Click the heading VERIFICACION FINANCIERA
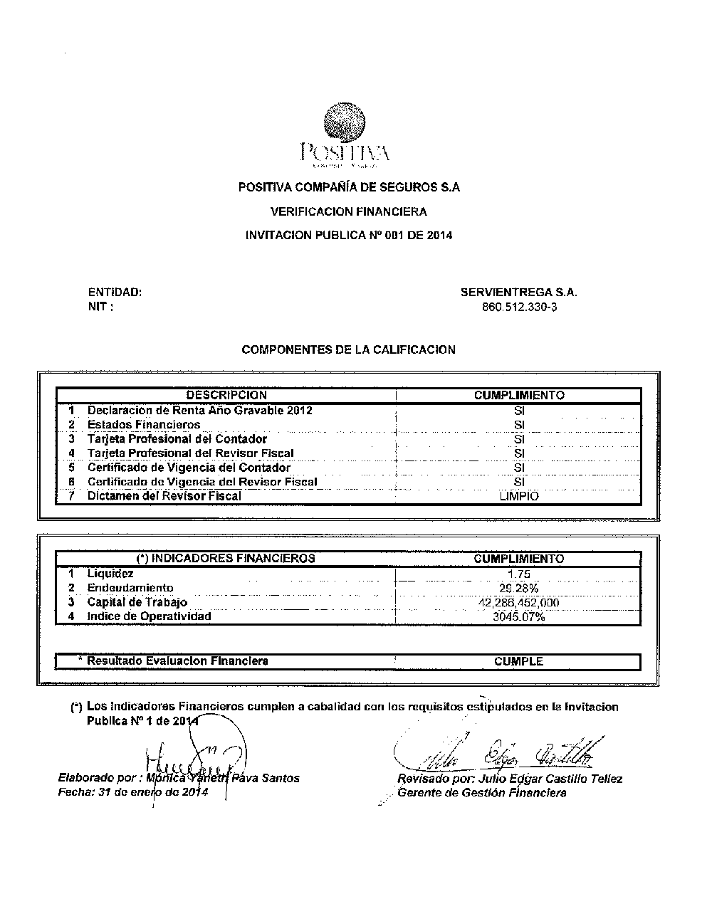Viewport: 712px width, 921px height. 348,211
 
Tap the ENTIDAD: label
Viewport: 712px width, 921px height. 115,292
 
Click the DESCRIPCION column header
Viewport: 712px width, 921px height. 226,395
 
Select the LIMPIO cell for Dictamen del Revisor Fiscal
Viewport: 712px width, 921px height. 519,496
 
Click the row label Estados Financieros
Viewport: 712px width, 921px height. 143,425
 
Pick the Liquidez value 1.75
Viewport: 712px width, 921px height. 519,574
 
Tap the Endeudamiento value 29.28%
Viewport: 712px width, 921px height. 519,589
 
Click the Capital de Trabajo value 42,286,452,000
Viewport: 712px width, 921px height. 519,603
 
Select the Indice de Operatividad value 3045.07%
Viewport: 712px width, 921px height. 519,617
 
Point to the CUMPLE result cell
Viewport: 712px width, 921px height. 518,662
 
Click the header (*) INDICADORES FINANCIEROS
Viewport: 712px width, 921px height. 226,559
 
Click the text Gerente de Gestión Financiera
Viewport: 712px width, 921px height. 482,793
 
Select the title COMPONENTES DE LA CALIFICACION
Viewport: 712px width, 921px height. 348,349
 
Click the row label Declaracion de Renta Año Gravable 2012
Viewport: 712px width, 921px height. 199,411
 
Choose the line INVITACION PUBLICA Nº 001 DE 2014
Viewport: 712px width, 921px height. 348,235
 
